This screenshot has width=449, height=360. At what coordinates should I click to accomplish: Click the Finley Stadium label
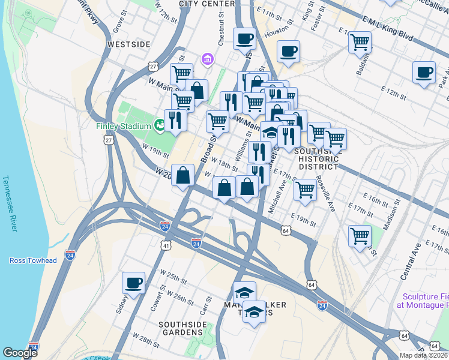[122, 126]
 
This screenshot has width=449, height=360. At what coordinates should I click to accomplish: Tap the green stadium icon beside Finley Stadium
[159, 125]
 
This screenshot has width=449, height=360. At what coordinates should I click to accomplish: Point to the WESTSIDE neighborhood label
[128, 44]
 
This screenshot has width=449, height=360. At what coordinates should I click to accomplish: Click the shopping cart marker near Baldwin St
[360, 42]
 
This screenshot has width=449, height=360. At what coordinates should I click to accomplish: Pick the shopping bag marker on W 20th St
[183, 175]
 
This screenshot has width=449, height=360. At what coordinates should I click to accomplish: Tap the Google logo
[20, 353]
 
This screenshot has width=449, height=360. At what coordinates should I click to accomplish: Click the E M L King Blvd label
[387, 28]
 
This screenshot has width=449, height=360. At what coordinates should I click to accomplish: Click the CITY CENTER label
[205, 4]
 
